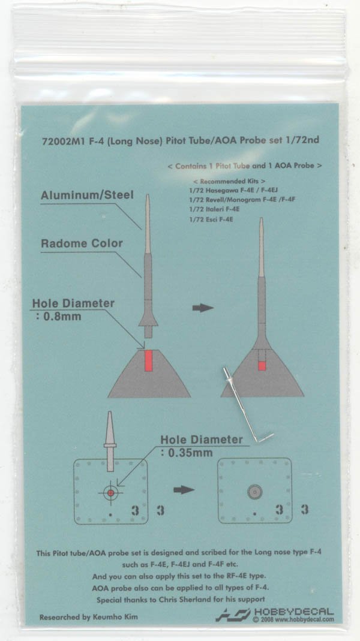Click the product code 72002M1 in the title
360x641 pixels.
click(x=60, y=141)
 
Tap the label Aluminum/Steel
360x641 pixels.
click(x=87, y=195)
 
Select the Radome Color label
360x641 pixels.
click(x=82, y=243)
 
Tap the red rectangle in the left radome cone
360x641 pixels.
click(x=149, y=360)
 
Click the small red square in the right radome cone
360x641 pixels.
click(x=262, y=365)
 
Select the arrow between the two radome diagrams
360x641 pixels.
click(x=203, y=308)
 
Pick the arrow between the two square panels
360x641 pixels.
click(x=184, y=490)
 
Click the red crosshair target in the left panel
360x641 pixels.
click(x=110, y=493)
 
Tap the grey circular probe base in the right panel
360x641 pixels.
click(x=254, y=492)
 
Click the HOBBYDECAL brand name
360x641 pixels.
click(x=294, y=612)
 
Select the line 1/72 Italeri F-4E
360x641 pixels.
click(x=214, y=209)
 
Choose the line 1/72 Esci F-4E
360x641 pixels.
click(x=211, y=219)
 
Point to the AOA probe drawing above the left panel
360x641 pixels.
click(x=110, y=441)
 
